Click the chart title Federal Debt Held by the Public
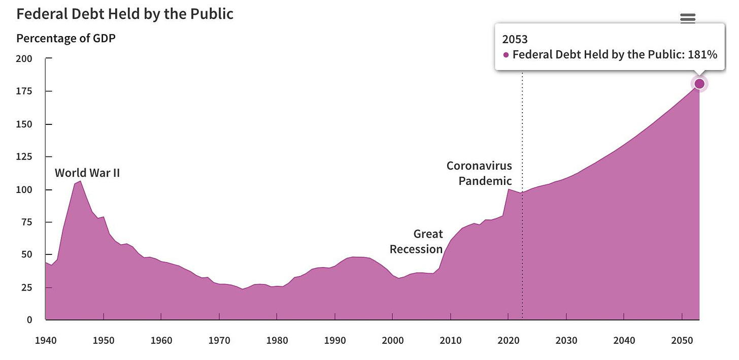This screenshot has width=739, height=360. tap(125, 14)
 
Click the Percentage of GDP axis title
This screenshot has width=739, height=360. tap(66, 38)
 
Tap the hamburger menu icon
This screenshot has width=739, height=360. tap(687, 18)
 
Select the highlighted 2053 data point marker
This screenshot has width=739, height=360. tap(699, 84)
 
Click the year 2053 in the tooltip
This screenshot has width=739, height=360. tap(515, 39)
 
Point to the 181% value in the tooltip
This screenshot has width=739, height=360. tap(702, 54)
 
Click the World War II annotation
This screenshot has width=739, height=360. tap(87, 173)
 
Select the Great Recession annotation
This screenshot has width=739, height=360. tap(417, 242)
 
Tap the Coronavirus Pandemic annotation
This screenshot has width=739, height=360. tap(480, 173)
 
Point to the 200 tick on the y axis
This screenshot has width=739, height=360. tap(24, 59)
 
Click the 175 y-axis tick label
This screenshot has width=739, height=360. tap(24, 91)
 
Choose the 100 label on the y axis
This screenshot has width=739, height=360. tap(24, 190)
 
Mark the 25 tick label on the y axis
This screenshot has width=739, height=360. tap(26, 287)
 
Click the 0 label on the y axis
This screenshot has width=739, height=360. tap(29, 320)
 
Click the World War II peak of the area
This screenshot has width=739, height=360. tap(80, 181)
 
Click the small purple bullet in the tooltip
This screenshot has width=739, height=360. tap(506, 55)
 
